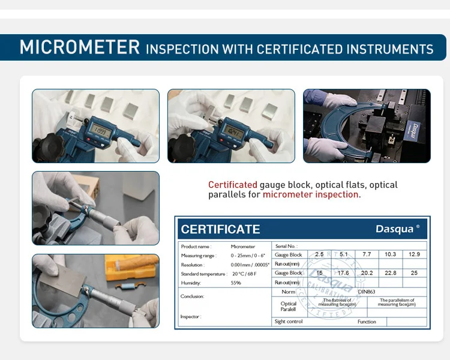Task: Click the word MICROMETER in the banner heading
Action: tap(80, 47)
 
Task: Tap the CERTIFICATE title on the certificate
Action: tap(220, 229)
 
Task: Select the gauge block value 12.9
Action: tap(414, 254)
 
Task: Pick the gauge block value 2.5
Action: tap(319, 254)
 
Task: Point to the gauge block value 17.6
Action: tap(343, 273)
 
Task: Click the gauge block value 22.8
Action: tap(390, 273)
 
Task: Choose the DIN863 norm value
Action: tap(367, 292)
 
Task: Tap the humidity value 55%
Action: tap(236, 283)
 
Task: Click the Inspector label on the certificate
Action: tap(190, 316)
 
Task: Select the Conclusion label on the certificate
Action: tap(193, 296)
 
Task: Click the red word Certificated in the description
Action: tap(232, 185)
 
